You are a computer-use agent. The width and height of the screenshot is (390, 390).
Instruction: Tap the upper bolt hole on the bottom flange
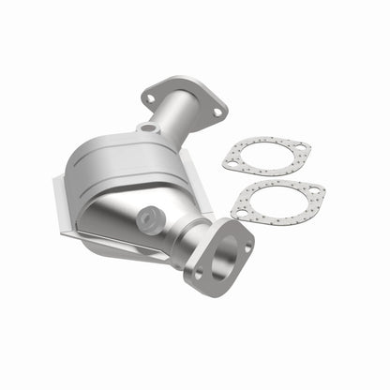(247, 248)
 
